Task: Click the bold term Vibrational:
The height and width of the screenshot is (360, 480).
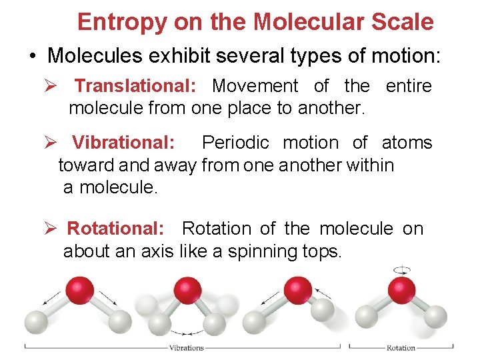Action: [x=124, y=143]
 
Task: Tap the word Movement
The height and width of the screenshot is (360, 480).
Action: [x=255, y=86]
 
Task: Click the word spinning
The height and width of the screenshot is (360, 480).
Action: [x=256, y=252]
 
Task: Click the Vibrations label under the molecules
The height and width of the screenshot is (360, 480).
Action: [x=187, y=347]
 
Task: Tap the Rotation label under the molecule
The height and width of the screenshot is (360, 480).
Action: [x=401, y=347]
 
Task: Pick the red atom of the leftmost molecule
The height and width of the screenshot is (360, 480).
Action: [x=80, y=290]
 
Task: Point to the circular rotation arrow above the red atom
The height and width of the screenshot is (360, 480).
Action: [x=402, y=270]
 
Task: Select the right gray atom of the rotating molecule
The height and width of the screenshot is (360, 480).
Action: [x=435, y=316]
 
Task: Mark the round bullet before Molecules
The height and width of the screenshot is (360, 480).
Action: [x=33, y=55]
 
